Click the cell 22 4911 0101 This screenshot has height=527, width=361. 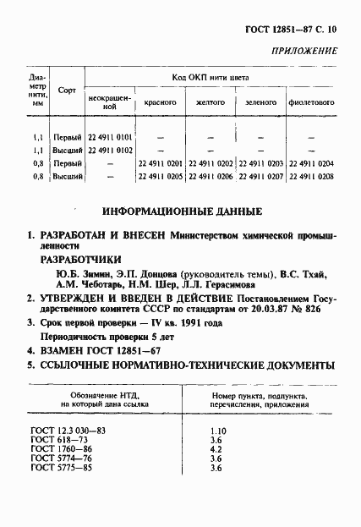coord(110,137)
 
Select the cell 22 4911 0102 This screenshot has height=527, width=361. coord(110,150)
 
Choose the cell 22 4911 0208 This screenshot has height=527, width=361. coord(311,176)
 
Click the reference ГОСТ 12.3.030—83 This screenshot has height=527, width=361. coord(68,431)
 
